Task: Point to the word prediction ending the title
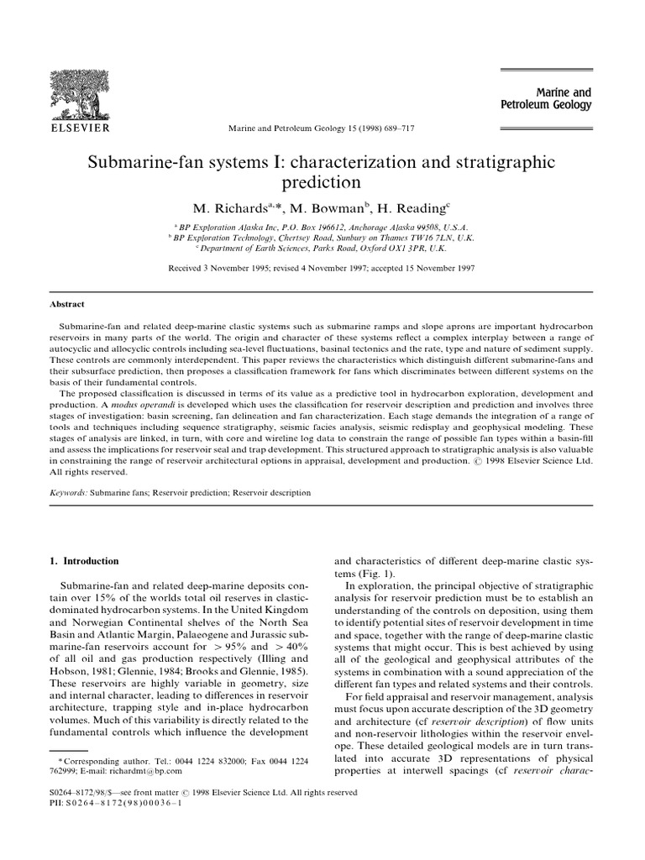point(322,181)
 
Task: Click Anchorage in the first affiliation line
point(358,227)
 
